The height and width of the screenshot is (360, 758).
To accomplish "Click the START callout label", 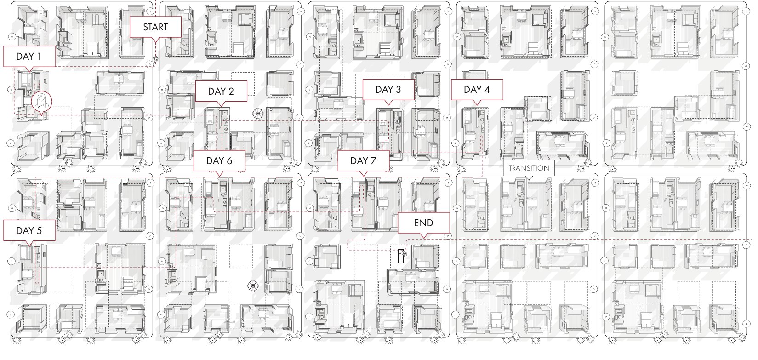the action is pyautogui.click(x=155, y=27).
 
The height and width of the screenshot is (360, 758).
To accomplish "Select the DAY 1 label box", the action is pyautogui.click(x=29, y=56).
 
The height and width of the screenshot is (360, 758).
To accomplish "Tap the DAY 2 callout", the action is pyautogui.click(x=221, y=91).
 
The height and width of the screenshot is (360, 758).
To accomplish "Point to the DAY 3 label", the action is pyautogui.click(x=388, y=90).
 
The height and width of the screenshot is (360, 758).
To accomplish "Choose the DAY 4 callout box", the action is pyautogui.click(x=477, y=90).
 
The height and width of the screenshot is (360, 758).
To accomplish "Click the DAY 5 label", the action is pyautogui.click(x=29, y=230).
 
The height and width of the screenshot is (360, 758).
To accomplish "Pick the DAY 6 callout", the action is pyautogui.click(x=219, y=161).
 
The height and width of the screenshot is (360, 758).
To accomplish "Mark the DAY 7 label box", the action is pyautogui.click(x=364, y=161).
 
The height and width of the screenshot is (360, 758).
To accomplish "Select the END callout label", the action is pyautogui.click(x=424, y=223).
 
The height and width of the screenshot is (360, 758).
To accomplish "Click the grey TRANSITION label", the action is pyautogui.click(x=529, y=168).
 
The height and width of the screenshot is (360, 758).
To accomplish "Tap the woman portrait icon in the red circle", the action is pyautogui.click(x=42, y=102).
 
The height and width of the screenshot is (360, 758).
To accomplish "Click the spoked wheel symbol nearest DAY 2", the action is pyautogui.click(x=258, y=114).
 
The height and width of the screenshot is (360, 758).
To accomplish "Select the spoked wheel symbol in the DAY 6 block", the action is pyautogui.click(x=253, y=286).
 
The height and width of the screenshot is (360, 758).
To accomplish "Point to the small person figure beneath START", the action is pyautogui.click(x=156, y=60).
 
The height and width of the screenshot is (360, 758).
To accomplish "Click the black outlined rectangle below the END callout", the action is pyautogui.click(x=401, y=256).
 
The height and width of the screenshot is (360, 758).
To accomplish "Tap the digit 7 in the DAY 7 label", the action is pyautogui.click(x=374, y=161).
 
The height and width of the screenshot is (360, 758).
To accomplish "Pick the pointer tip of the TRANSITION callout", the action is pyautogui.click(x=529, y=180).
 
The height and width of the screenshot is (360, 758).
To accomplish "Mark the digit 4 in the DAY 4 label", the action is pyautogui.click(x=487, y=90).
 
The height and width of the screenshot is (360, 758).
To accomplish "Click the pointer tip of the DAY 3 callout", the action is pyautogui.click(x=388, y=105).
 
